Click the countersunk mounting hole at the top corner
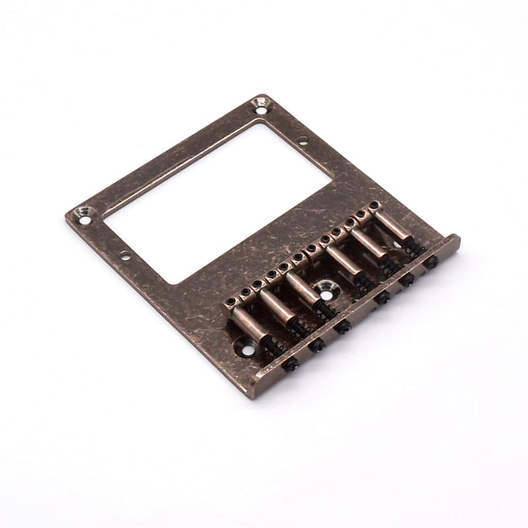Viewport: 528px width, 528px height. point(260,103)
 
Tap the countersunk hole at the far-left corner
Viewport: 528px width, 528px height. point(83,214)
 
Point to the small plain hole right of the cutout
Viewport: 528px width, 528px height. point(302,140)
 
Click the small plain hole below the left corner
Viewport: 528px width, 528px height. point(124,255)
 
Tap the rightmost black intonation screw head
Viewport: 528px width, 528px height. point(432,262)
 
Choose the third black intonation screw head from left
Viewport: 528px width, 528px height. point(344,325)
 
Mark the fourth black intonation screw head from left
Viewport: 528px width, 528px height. point(381,298)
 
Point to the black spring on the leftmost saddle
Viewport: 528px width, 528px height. point(273,347)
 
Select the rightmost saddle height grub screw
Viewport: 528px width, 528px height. point(374,205)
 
